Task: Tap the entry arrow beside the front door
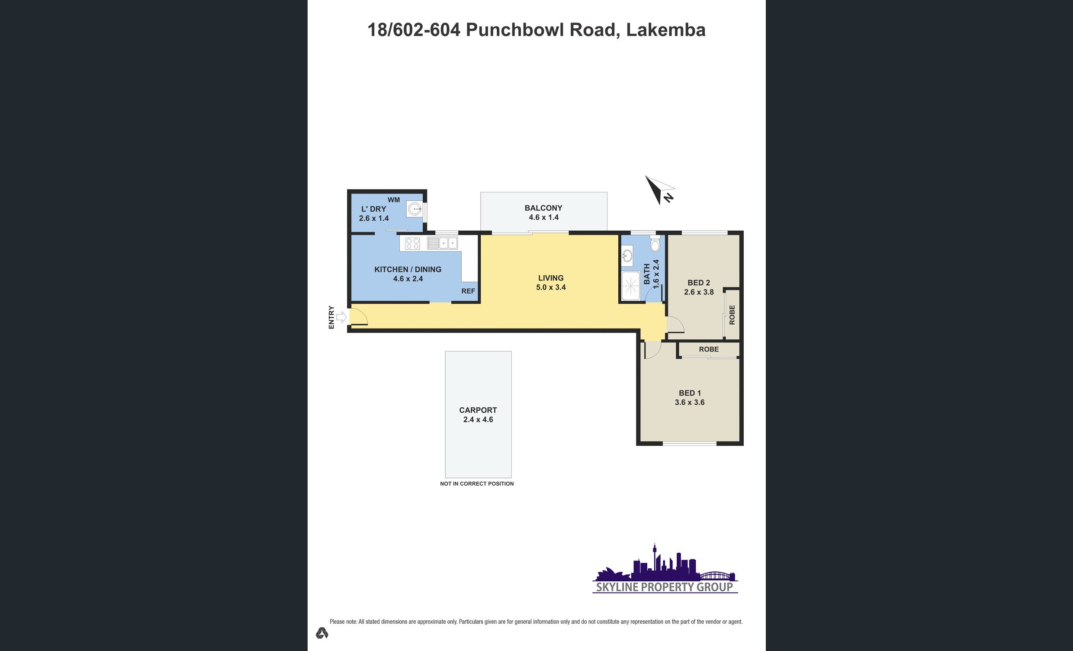pos(342,317)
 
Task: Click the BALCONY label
pos(543,208)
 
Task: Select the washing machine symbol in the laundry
pos(414,209)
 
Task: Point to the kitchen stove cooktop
pos(412,243)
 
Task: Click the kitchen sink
pos(443,243)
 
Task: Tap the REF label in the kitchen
pos(468,291)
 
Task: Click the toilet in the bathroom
pos(655,244)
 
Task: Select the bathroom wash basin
pos(627,255)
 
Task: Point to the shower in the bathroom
pos(630,286)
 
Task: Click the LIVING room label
pos(551,278)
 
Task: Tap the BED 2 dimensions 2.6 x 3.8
pos(699,292)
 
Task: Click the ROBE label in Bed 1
pos(709,349)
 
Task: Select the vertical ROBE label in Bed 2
pos(732,315)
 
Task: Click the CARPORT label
pos(478,410)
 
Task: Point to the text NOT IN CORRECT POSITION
pos(477,483)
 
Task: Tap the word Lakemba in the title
pos(666,29)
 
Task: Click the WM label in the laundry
pos(394,200)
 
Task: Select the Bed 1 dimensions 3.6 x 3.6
pos(690,402)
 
